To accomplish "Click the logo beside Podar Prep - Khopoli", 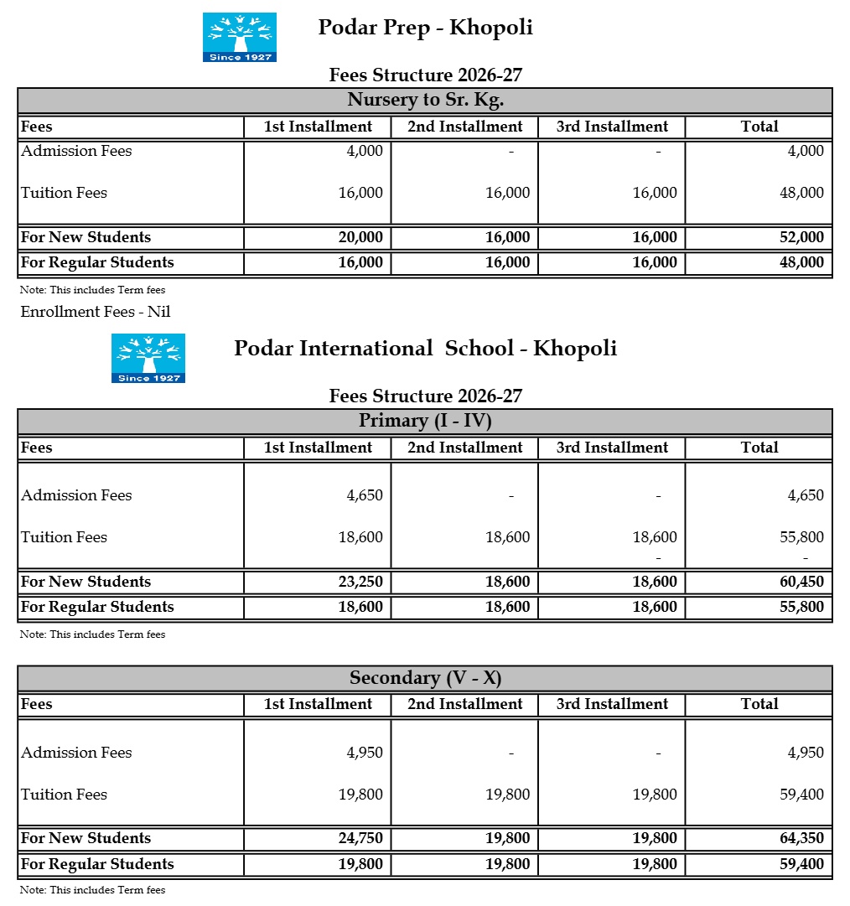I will tap(239, 37).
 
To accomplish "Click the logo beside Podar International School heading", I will tap(148, 358).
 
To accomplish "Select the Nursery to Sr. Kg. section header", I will tap(425, 101).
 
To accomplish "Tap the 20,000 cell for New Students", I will tap(360, 237).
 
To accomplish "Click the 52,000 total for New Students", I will tap(801, 237).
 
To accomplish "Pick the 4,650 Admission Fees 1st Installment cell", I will tap(365, 495).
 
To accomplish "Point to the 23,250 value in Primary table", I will tap(360, 582).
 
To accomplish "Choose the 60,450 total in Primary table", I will tap(801, 582).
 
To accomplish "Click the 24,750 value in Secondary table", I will tap(360, 838).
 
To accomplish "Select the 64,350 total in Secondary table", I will tap(801, 838).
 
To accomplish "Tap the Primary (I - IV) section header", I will tap(425, 421).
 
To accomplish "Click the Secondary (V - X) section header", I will tap(425, 678).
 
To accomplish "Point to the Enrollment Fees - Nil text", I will tap(96, 312).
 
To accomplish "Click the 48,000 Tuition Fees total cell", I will tap(801, 193).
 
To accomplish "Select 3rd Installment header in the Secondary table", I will tap(612, 705).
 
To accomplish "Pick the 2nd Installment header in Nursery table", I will tap(464, 127).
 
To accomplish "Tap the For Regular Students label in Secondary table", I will tap(97, 864).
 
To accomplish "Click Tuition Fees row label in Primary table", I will tap(65, 537).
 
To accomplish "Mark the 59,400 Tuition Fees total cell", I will tap(801, 795).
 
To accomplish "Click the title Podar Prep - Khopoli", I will tap(425, 28).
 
